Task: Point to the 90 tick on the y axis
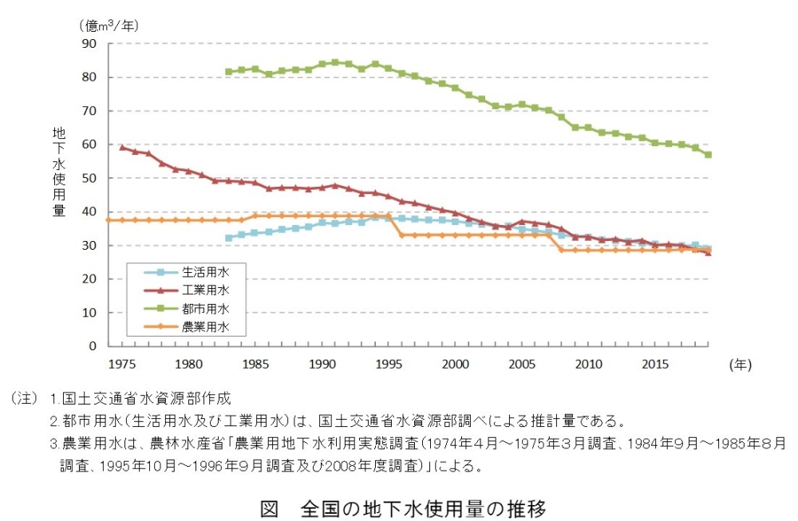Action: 90,44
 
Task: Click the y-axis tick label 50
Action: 90,179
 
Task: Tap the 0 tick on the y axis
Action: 93,346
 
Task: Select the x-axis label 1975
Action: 121,364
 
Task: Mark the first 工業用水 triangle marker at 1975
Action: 122,148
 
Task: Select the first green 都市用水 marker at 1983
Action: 229,72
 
